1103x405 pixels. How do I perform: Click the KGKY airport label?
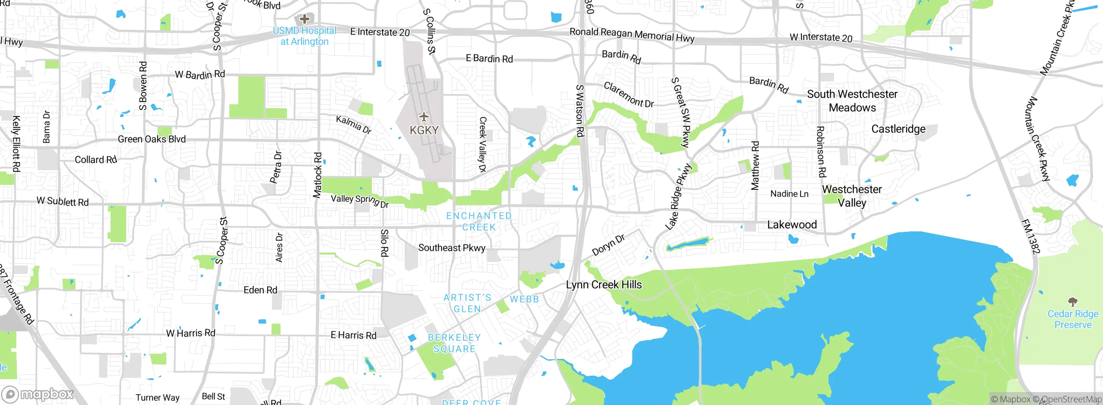click(424, 130)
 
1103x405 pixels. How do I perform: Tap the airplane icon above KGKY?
click(424, 117)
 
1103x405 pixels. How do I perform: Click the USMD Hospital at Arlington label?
click(304, 36)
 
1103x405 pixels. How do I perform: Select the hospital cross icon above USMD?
click(305, 19)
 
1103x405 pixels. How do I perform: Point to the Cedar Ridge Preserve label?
click(1073, 319)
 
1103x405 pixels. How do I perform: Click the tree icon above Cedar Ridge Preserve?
click(1073, 302)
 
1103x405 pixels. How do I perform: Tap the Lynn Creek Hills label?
click(604, 285)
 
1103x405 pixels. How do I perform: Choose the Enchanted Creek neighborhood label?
click(479, 221)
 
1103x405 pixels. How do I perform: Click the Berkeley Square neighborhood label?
click(454, 343)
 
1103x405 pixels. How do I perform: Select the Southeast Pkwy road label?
click(452, 248)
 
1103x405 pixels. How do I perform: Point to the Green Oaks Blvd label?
click(152, 139)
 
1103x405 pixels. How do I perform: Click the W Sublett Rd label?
click(62, 201)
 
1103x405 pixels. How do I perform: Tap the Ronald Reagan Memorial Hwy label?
click(632, 34)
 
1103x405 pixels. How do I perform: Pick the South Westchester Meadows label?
click(852, 101)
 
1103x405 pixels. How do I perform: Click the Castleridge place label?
click(898, 129)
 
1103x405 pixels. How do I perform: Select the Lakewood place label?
click(792, 224)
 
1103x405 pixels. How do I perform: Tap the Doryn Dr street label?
click(608, 245)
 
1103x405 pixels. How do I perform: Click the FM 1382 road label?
click(1031, 237)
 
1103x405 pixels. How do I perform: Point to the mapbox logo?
click(38, 394)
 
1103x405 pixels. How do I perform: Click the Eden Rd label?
click(260, 290)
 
